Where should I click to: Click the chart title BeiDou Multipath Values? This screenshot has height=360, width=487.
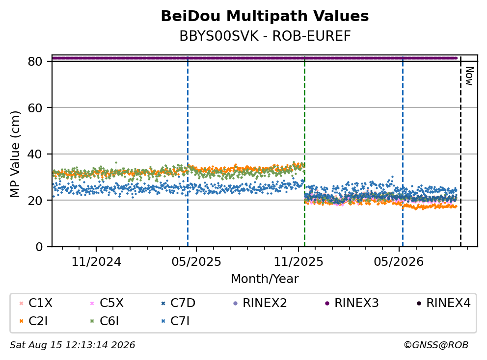(x=265, y=16)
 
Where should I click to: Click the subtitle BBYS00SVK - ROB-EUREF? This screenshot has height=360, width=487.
(x=265, y=36)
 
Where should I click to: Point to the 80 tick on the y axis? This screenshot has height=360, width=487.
(x=35, y=61)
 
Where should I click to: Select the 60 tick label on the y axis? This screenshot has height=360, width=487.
(x=35, y=108)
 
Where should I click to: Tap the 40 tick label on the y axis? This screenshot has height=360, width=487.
(x=35, y=154)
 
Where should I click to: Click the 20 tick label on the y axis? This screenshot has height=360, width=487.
(x=35, y=200)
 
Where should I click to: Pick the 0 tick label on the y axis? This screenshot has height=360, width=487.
(x=39, y=247)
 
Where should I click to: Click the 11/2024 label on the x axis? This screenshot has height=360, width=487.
(x=96, y=262)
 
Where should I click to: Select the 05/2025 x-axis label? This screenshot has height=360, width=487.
(x=196, y=262)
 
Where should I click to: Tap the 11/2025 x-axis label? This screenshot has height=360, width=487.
(x=298, y=262)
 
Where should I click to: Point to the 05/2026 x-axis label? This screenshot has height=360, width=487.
(x=399, y=262)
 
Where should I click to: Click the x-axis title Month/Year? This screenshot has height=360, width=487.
(x=265, y=279)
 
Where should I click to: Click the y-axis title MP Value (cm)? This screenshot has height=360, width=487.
(x=15, y=154)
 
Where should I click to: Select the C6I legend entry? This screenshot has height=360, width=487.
(x=105, y=321)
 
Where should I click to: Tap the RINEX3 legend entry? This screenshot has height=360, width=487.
(x=352, y=303)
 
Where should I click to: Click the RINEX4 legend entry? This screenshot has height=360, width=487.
(x=444, y=303)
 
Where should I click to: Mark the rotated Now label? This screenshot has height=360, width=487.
(x=469, y=76)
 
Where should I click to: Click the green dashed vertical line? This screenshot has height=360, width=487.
(x=305, y=152)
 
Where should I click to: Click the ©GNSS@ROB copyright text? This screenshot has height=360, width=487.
(x=436, y=345)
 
